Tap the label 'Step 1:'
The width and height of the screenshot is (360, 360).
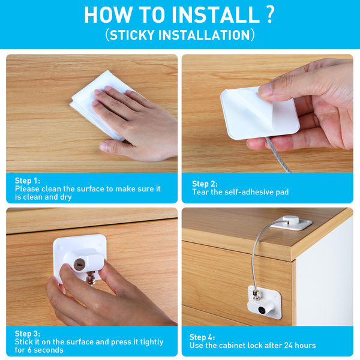28,181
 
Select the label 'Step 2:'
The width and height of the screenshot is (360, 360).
205,184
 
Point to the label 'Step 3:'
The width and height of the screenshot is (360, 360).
28,334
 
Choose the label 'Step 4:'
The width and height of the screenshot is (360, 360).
202,337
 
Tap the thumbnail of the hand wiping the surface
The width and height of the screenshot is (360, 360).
92,113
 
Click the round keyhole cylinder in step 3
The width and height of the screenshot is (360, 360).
79,264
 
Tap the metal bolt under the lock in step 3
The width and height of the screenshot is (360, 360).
91,278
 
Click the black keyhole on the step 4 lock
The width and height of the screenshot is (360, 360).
262,310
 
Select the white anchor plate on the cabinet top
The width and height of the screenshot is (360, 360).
292,223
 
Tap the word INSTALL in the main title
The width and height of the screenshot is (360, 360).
215,14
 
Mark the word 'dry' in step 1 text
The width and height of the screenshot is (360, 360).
66,197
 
